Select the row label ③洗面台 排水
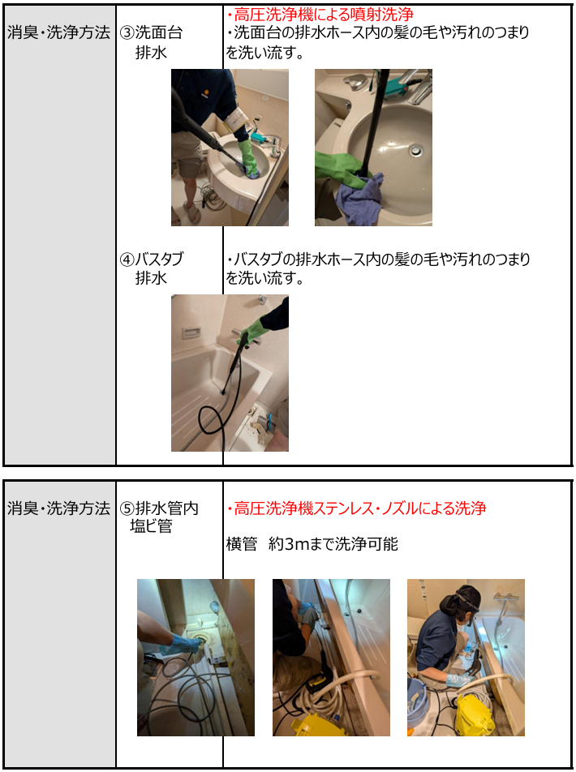click(x=152, y=42)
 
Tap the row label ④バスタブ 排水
click(x=152, y=268)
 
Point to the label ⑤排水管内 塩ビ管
click(x=159, y=517)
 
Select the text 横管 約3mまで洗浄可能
click(x=312, y=545)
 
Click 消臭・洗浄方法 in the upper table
click(x=58, y=33)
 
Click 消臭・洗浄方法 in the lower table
click(x=58, y=508)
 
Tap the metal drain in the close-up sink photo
click(x=417, y=148)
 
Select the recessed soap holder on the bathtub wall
click(x=190, y=333)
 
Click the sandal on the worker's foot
click(x=191, y=212)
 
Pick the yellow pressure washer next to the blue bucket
click(x=474, y=714)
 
